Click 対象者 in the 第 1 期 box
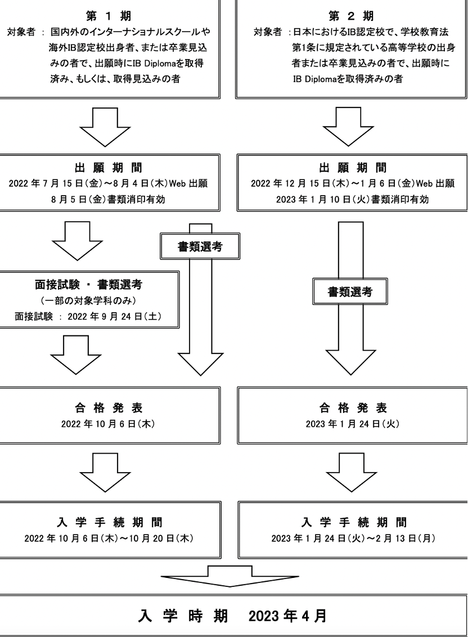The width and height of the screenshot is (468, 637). pos(22,26)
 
